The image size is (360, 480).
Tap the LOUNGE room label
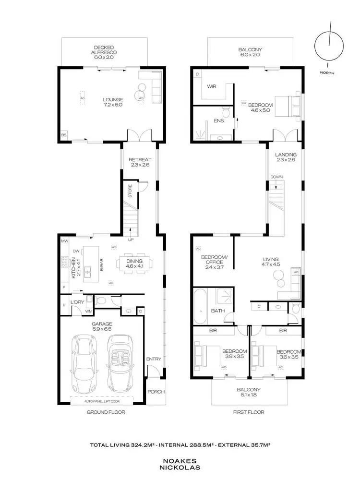tap(110, 102)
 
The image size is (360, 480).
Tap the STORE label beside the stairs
tap(130, 191)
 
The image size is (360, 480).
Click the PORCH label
tap(156, 392)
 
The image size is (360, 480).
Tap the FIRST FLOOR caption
tap(249, 412)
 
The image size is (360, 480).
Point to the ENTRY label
tap(154, 359)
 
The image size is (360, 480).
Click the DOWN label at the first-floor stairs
tap(276, 177)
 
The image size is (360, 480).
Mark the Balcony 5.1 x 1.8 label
tap(249, 392)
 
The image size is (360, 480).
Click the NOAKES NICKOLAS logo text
tap(180, 463)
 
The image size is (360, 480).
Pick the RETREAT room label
tap(140, 162)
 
